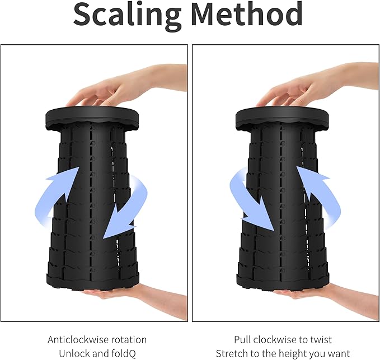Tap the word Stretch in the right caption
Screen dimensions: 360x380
coord(232,354)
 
